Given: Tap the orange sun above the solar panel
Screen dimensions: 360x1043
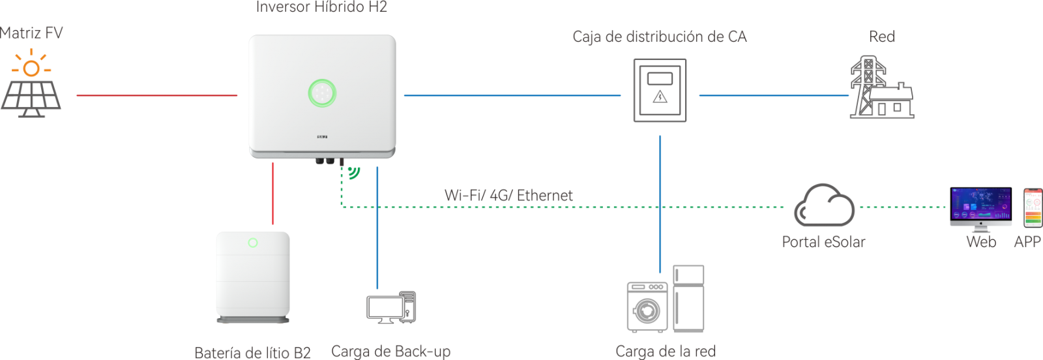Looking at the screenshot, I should click(31, 67).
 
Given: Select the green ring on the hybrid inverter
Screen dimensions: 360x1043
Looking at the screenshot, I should click(321, 92).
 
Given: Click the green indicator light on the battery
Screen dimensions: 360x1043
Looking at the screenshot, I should click(253, 243).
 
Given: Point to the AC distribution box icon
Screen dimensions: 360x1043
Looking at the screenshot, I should click(660, 90).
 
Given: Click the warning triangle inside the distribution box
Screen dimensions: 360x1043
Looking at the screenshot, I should click(660, 98).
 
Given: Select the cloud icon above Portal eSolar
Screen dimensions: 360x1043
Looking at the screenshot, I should click(823, 205).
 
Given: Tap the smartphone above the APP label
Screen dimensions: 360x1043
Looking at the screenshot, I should click(1033, 207).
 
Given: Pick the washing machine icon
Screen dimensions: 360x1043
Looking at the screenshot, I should click(647, 307).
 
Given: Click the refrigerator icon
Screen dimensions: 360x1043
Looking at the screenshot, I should click(688, 298).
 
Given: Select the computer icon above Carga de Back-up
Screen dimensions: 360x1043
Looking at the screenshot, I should click(390, 307).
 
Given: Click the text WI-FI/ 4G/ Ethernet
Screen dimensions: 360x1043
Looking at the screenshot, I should click(508, 195).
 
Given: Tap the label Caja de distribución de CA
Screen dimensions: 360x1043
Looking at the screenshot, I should click(659, 37).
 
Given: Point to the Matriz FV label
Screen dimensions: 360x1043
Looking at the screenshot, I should click(31, 33).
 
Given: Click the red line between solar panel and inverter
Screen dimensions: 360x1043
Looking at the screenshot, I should click(156, 95).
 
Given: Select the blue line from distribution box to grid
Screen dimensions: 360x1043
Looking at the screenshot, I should click(774, 95).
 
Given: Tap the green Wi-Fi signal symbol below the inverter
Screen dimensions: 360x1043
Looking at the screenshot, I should click(354, 173).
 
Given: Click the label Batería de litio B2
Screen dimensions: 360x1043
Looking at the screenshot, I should click(252, 353).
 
